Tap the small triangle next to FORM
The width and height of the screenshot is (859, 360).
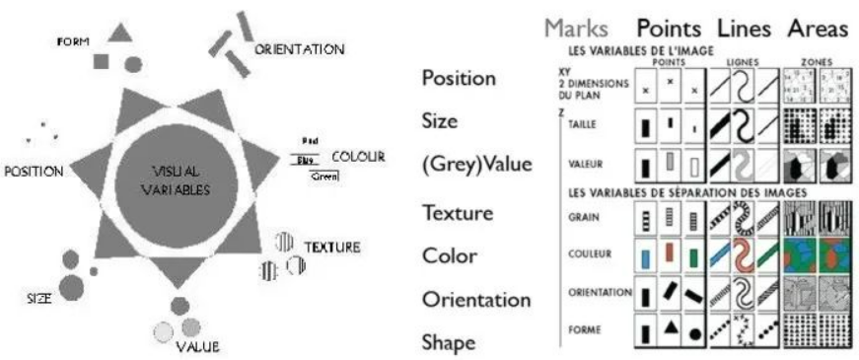pos(120,33)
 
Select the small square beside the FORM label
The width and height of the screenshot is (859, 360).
pos(101,62)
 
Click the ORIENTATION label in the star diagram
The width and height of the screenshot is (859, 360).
pos(299,48)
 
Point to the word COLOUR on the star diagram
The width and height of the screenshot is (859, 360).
pos(358,157)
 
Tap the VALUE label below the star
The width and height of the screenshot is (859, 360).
pos(197,347)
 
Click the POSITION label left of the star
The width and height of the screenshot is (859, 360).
pos(34,171)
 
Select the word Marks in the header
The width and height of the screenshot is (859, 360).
pos(581,29)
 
